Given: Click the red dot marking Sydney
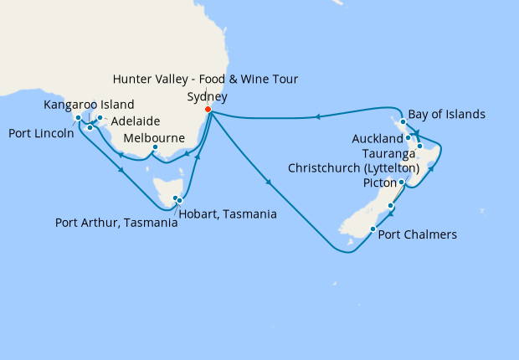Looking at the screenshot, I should tap(208, 109).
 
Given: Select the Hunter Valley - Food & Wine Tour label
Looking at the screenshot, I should tap(206, 80).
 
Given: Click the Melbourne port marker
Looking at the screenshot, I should tap(155, 151).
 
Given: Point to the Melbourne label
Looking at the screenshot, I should tap(154, 138).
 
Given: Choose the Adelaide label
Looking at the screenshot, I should tap(136, 121).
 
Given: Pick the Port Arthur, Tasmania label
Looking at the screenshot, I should tap(116, 223).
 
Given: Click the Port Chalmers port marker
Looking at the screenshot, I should tap(372, 229).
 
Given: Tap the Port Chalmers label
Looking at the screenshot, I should tap(418, 235).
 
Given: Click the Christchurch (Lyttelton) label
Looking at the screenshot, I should tap(353, 168).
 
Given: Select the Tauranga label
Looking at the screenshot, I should tap(390, 154).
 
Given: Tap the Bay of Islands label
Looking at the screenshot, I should tap(447, 114).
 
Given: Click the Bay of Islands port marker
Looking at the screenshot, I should tap(403, 122).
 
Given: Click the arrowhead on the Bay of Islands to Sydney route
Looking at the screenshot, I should tap(319, 116).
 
